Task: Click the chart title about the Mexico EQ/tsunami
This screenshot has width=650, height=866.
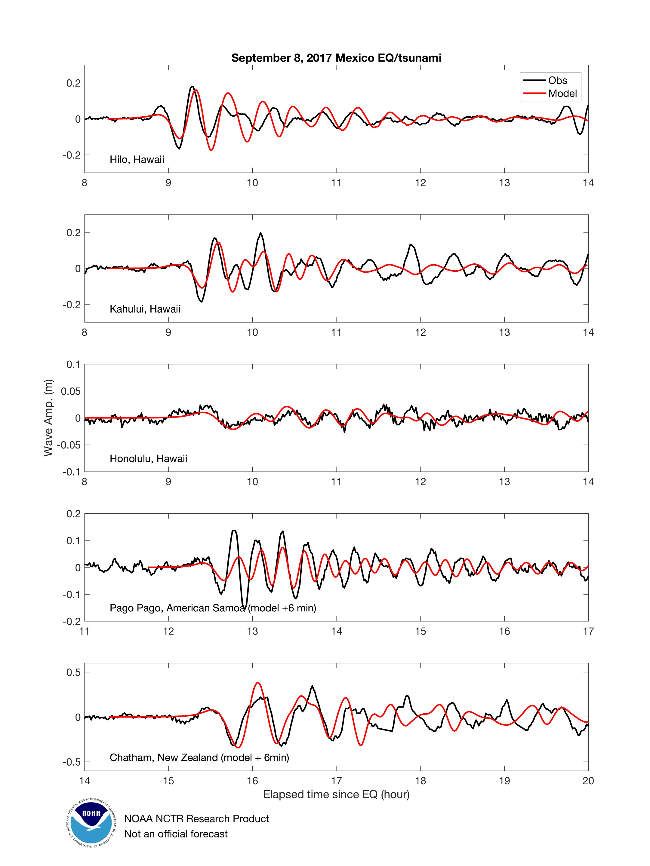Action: click(336, 58)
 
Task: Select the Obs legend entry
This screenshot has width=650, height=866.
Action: click(557, 80)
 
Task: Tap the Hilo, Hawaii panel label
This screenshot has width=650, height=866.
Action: click(137, 159)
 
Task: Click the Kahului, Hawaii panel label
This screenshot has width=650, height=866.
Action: click(145, 309)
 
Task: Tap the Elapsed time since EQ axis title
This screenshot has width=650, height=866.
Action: click(336, 794)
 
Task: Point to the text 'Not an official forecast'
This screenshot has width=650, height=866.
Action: click(176, 834)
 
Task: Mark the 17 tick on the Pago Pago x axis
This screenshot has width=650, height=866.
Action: click(588, 631)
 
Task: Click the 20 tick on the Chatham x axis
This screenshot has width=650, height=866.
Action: click(588, 781)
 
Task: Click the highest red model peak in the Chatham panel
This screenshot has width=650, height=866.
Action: click(258, 683)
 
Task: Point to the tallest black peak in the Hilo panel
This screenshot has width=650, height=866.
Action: click(192, 87)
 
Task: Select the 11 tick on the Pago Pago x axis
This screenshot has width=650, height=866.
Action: click(85, 631)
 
